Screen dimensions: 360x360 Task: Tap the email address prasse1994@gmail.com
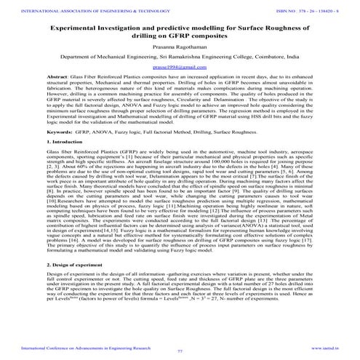tap(179, 65)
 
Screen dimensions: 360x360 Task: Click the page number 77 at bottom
tap(180, 351)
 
